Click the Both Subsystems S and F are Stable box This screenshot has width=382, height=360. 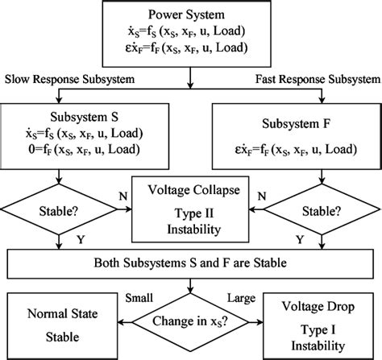click(192, 263)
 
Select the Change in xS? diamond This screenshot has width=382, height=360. click(192, 322)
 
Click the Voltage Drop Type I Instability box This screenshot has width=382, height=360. click(322, 322)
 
